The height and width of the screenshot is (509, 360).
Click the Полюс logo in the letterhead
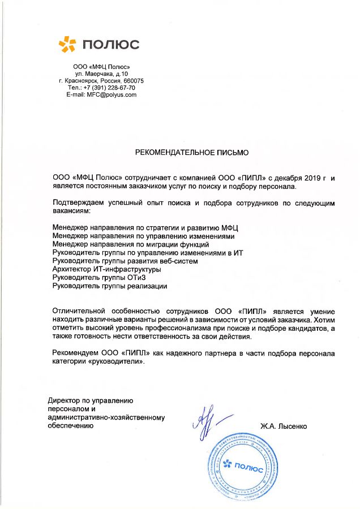99,44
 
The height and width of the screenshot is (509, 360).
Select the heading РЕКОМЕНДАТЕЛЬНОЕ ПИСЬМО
191,153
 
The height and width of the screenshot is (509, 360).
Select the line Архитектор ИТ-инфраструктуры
106,269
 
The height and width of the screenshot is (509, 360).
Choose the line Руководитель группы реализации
110,286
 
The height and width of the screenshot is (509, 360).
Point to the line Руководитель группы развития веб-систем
125,261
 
